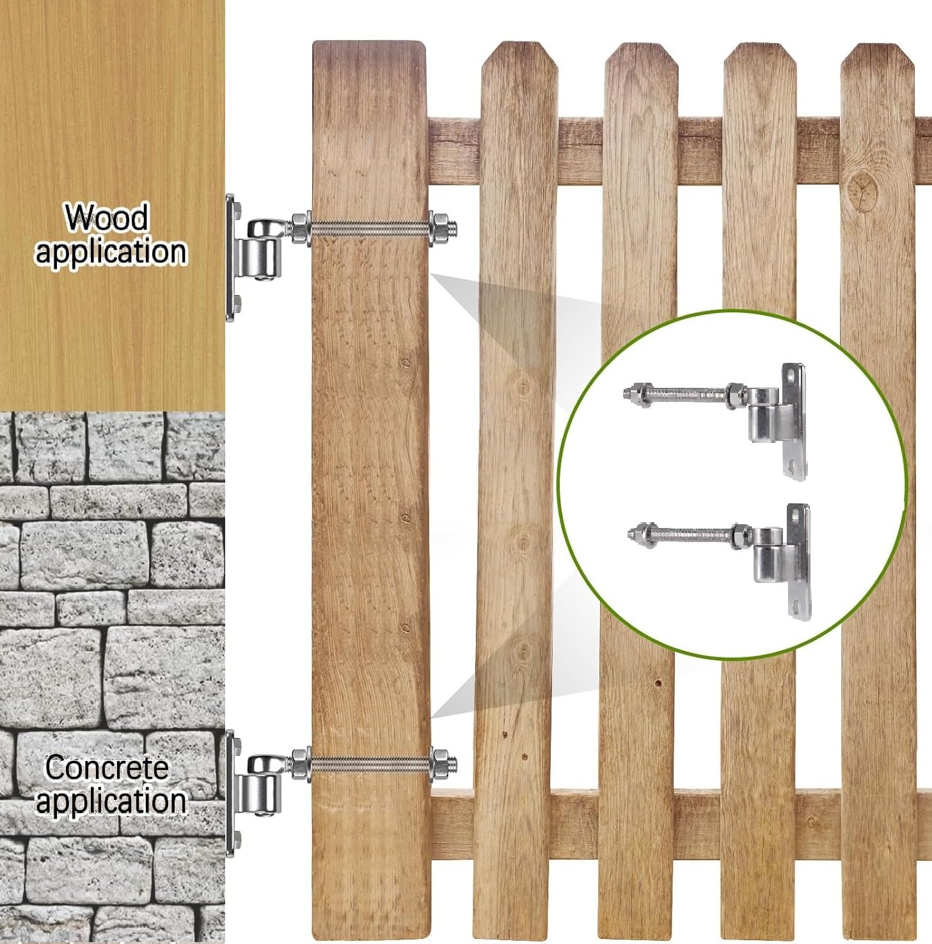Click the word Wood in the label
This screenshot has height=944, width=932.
pyautogui.click(x=107, y=217)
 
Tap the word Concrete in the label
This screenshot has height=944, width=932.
pyautogui.click(x=107, y=767)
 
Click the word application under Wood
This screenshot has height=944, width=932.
pyautogui.click(x=111, y=251)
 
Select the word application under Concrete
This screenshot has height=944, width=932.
pyautogui.click(x=111, y=801)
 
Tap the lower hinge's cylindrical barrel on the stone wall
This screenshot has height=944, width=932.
pyautogui.click(x=261, y=791)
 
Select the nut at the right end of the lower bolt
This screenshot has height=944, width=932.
pyautogui.click(x=440, y=764)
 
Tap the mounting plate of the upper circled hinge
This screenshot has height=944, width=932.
pyautogui.click(x=793, y=422)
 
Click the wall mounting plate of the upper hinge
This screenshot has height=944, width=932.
pyautogui.click(x=232, y=258)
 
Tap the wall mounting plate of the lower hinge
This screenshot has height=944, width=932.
pyautogui.click(x=232, y=794)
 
